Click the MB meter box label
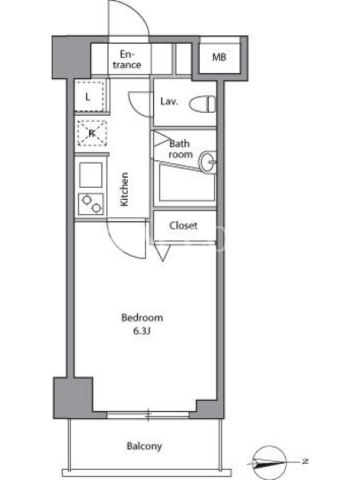[x=219, y=57]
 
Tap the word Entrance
[x=127, y=59]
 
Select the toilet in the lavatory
[x=202, y=104]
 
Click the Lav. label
[x=169, y=101]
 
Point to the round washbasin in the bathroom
[x=208, y=161]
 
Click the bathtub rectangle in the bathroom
[x=187, y=184]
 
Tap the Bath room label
[x=180, y=149]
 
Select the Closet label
[x=184, y=226]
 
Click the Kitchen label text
[x=124, y=189]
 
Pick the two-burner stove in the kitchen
[x=91, y=204]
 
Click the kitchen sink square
[x=91, y=175]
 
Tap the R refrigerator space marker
[x=92, y=133]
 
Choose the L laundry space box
[x=89, y=97]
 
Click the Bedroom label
[x=142, y=318]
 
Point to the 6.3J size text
[x=142, y=331]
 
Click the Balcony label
[x=144, y=446]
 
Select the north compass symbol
[x=269, y=462]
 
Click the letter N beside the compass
[x=305, y=461]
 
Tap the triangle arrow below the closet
[x=163, y=253]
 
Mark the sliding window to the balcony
[x=148, y=415]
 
